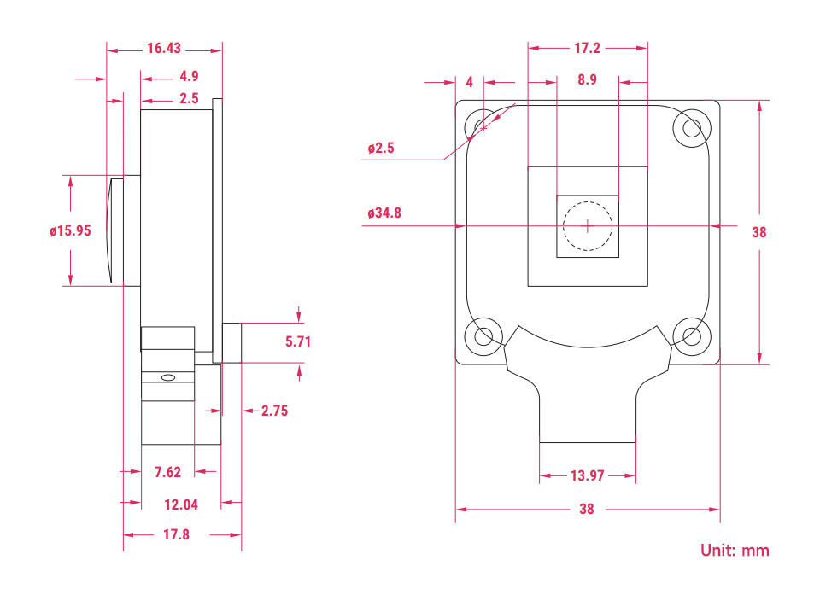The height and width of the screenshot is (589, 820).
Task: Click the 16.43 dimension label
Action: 164,48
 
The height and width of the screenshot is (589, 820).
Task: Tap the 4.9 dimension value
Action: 189,76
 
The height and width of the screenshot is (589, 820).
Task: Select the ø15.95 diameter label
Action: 70,230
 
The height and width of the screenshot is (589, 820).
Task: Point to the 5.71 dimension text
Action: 298,341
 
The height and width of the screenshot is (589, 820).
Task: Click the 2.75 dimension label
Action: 274,411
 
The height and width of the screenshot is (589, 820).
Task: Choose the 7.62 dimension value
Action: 167,472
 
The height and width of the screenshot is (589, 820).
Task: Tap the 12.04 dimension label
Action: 181,504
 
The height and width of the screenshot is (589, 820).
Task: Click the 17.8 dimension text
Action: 176,534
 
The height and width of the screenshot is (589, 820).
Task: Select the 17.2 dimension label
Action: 588,48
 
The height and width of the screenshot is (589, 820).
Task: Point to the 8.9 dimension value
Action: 588,79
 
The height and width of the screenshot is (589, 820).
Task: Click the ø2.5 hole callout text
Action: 381,149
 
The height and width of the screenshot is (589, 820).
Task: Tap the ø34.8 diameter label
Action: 384,213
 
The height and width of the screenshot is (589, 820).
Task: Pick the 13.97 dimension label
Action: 588,475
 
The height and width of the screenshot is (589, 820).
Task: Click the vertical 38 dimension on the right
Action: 758,232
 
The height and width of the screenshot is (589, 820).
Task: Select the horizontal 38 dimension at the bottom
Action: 587,509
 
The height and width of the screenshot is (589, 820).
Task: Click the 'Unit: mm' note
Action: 735,550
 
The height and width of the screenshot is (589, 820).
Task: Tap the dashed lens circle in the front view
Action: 588,201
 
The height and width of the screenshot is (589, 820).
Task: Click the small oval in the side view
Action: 168,377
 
